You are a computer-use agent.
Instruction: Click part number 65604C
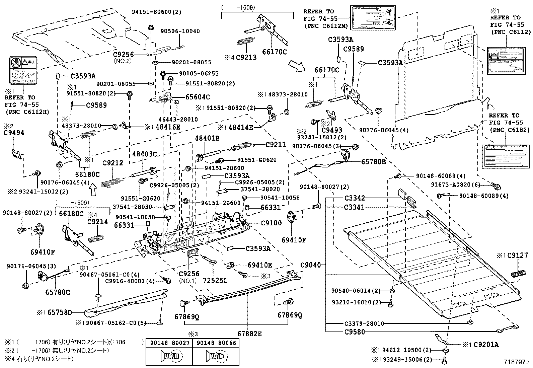click(198, 97)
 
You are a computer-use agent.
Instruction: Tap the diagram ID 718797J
click(516, 362)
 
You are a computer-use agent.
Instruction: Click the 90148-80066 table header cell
click(216, 343)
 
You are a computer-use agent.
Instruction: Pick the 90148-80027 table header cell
click(170, 343)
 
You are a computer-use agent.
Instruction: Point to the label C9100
click(271, 223)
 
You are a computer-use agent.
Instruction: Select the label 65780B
click(373, 162)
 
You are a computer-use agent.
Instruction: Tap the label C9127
click(517, 255)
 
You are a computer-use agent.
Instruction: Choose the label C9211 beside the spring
click(276, 145)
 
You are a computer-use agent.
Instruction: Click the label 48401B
click(207, 138)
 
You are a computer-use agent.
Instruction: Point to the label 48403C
click(144, 154)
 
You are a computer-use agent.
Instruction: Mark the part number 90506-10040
click(184, 31)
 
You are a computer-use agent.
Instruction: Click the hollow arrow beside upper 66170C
click(296, 66)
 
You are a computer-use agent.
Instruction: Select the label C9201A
click(486, 344)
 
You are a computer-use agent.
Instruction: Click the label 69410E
click(260, 265)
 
